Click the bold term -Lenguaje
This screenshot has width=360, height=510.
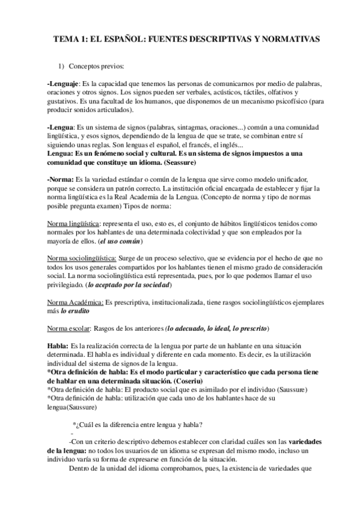[63, 82]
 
